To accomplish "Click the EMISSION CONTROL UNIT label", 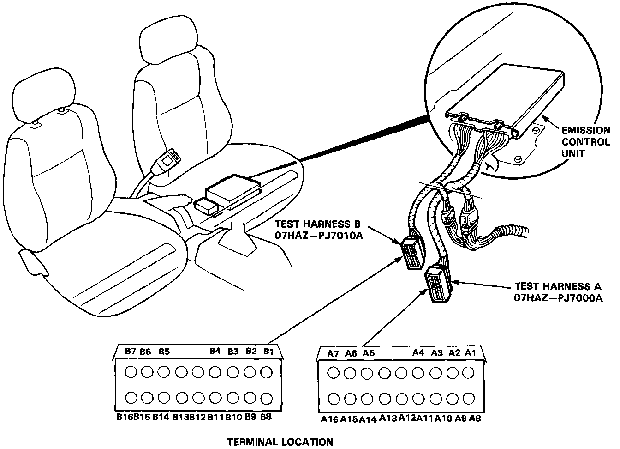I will point(585,142).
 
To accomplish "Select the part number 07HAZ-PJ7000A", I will point(559,298).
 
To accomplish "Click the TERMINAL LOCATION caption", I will point(280,442).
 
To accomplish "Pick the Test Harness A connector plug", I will point(437,284).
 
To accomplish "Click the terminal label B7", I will point(131,352).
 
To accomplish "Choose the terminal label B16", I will point(125,417).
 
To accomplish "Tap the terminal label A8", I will point(475,419).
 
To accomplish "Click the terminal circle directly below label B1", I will point(266,371).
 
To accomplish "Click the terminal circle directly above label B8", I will point(266,398).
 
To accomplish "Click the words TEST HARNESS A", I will point(558,286).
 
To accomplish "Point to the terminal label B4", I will point(215,351).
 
